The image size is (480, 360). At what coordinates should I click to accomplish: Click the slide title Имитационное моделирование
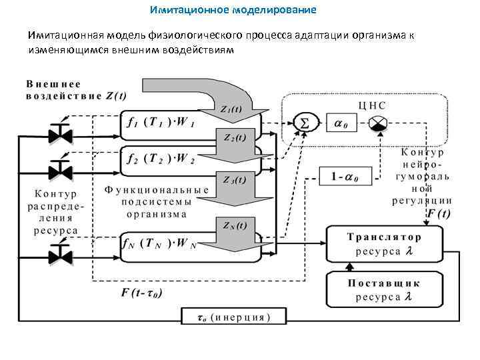(233, 11)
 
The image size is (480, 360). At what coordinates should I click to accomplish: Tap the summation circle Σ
(305, 123)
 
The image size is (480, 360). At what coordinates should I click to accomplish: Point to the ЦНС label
(372, 105)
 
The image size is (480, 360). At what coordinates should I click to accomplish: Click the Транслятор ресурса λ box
(384, 244)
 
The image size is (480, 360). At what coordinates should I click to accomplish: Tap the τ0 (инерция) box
(226, 317)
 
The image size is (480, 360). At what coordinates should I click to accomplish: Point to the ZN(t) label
(231, 225)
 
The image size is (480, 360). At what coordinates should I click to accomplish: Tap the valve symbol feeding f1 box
(61, 133)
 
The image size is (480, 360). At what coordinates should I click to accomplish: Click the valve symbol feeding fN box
(61, 253)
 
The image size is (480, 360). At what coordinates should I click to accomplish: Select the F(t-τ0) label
(142, 293)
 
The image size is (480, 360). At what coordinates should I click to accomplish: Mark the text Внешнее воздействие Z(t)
(76, 90)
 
